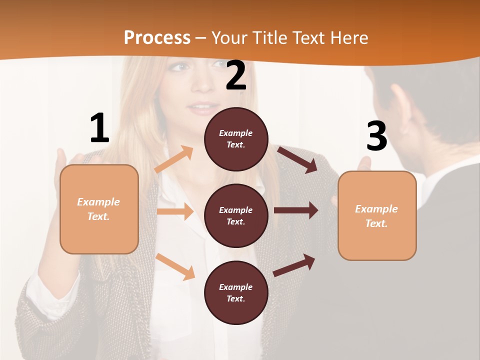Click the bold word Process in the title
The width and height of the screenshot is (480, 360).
[157, 37]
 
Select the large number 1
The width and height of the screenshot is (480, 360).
[99, 128]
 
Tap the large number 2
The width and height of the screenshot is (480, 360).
[236, 75]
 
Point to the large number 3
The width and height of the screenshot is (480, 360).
[376, 136]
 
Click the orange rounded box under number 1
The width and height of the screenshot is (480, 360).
[99, 209]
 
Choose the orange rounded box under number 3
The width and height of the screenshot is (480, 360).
[377, 215]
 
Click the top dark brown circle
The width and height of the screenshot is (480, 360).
[236, 139]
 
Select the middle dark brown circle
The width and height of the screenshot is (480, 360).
[236, 215]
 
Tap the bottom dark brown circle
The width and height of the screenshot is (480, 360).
[236, 292]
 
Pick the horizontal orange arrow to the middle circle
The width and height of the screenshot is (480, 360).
[175, 211]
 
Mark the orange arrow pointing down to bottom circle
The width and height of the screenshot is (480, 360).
[175, 266]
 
